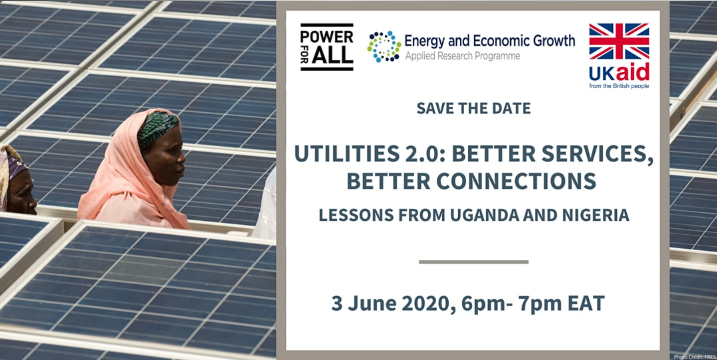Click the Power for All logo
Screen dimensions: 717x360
pyautogui.click(x=327, y=47)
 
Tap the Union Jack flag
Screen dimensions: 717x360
pyautogui.click(x=619, y=41)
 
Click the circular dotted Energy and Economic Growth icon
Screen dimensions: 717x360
pyautogui.click(x=384, y=47)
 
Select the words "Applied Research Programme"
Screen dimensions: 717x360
pyautogui.click(x=463, y=56)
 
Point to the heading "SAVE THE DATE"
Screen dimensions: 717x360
pyautogui.click(x=473, y=108)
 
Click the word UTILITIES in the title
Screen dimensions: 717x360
pyautogui.click(x=347, y=154)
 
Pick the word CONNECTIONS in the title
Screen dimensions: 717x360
pyautogui.click(x=516, y=181)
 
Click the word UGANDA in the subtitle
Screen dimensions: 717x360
pyautogui.click(x=484, y=215)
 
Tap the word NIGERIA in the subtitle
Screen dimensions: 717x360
pyautogui.click(x=596, y=215)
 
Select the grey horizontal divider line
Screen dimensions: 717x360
pyautogui.click(x=473, y=262)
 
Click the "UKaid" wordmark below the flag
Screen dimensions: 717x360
pyautogui.click(x=619, y=72)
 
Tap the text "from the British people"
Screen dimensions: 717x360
pyautogui.click(x=619, y=86)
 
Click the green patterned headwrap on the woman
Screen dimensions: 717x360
pyautogui.click(x=157, y=128)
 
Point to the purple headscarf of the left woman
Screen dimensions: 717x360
pyautogui.click(x=13, y=167)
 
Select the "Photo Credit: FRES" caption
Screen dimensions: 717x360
pyautogui.click(x=695, y=357)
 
